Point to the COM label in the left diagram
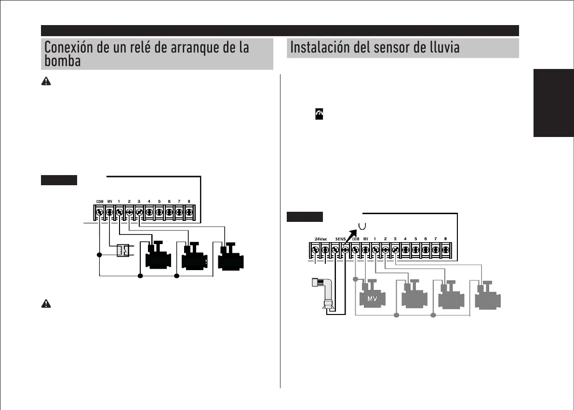pos(100,202)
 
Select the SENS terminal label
pos(341,239)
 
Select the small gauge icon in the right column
pos(318,114)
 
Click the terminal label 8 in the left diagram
pos(188,202)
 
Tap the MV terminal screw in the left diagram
pos(109,212)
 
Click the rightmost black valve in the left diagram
pos(231,258)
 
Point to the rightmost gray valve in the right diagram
pos(488,297)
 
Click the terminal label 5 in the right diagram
pos(415,239)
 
